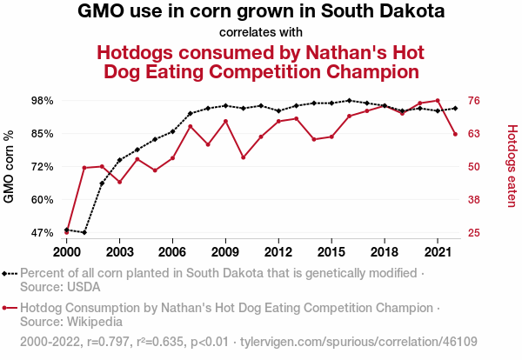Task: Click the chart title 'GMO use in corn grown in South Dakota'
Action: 261,13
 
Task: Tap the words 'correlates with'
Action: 261,33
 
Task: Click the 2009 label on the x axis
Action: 225,251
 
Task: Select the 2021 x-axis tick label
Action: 437,251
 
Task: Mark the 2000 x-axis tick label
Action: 66,251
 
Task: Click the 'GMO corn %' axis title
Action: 10,167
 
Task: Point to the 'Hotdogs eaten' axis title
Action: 512,167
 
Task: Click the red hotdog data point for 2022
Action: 455,134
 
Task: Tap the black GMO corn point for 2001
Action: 84,232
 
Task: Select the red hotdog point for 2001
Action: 84,168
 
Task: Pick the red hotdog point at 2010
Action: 243,157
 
